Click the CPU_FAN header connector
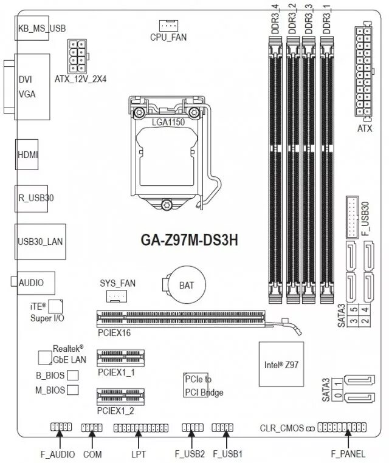168,25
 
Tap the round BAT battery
183,284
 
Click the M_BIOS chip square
73,389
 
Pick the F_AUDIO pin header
60,428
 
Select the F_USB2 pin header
192,428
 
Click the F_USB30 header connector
352,217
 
